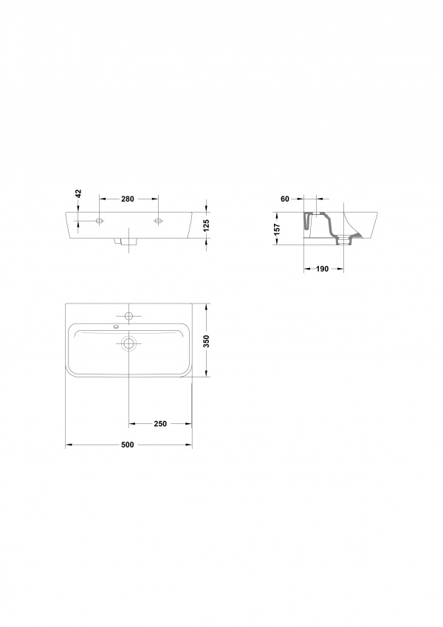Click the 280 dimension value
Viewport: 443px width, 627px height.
click(x=128, y=199)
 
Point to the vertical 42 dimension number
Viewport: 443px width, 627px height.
click(x=78, y=193)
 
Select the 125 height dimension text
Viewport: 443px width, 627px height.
click(x=206, y=225)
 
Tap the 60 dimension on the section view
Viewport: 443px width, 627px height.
click(x=285, y=199)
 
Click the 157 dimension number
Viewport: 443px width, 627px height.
click(x=277, y=229)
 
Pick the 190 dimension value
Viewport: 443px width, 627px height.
click(x=322, y=269)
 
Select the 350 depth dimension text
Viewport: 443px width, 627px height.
click(x=206, y=341)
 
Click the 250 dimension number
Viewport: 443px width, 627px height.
click(x=160, y=424)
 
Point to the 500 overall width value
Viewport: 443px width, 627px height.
click(x=128, y=445)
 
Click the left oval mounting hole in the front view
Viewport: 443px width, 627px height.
click(x=100, y=220)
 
